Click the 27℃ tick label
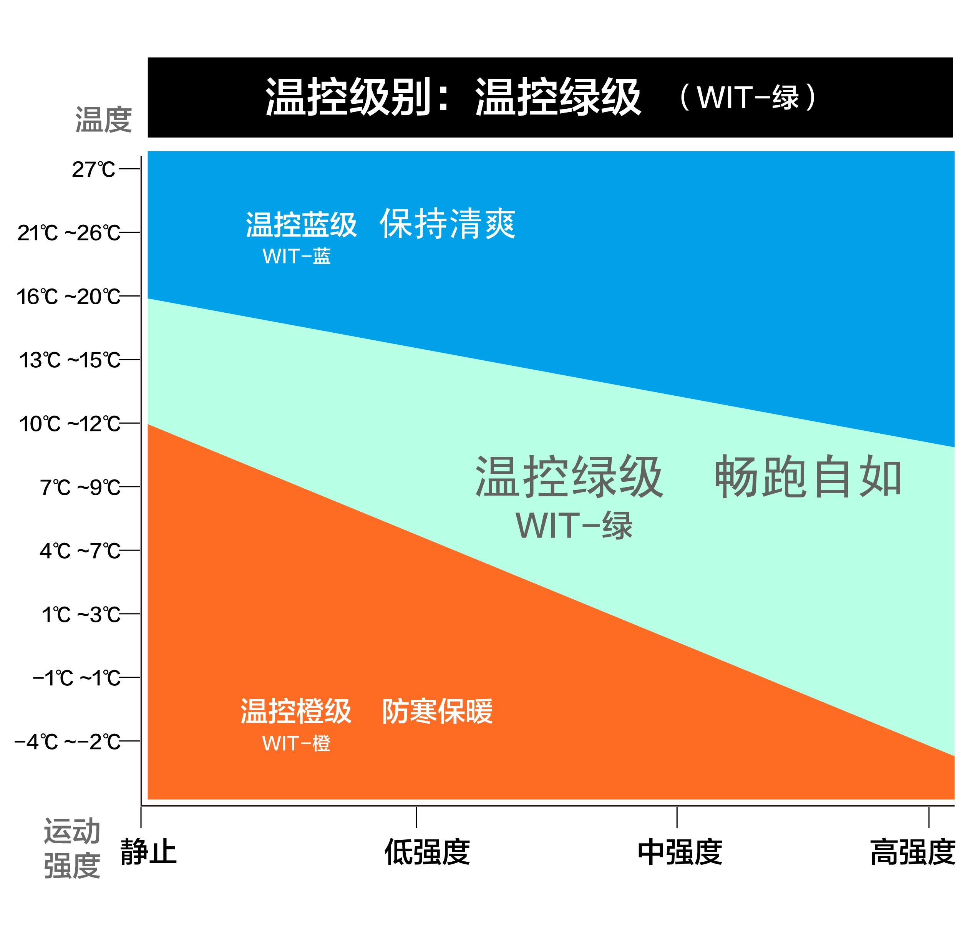click(93, 169)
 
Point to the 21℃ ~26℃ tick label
click(69, 232)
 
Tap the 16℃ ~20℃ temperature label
click(68, 297)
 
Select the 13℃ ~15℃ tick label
click(69, 360)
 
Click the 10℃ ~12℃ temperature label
click(69, 423)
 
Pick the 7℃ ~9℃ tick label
click(80, 487)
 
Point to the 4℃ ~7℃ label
click(80, 551)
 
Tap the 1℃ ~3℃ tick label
click(81, 614)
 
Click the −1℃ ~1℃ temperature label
click(76, 678)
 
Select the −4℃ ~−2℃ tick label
click(67, 741)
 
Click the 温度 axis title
click(104, 119)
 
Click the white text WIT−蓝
click(297, 256)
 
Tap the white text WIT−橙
click(296, 743)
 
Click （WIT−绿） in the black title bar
click(748, 97)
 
